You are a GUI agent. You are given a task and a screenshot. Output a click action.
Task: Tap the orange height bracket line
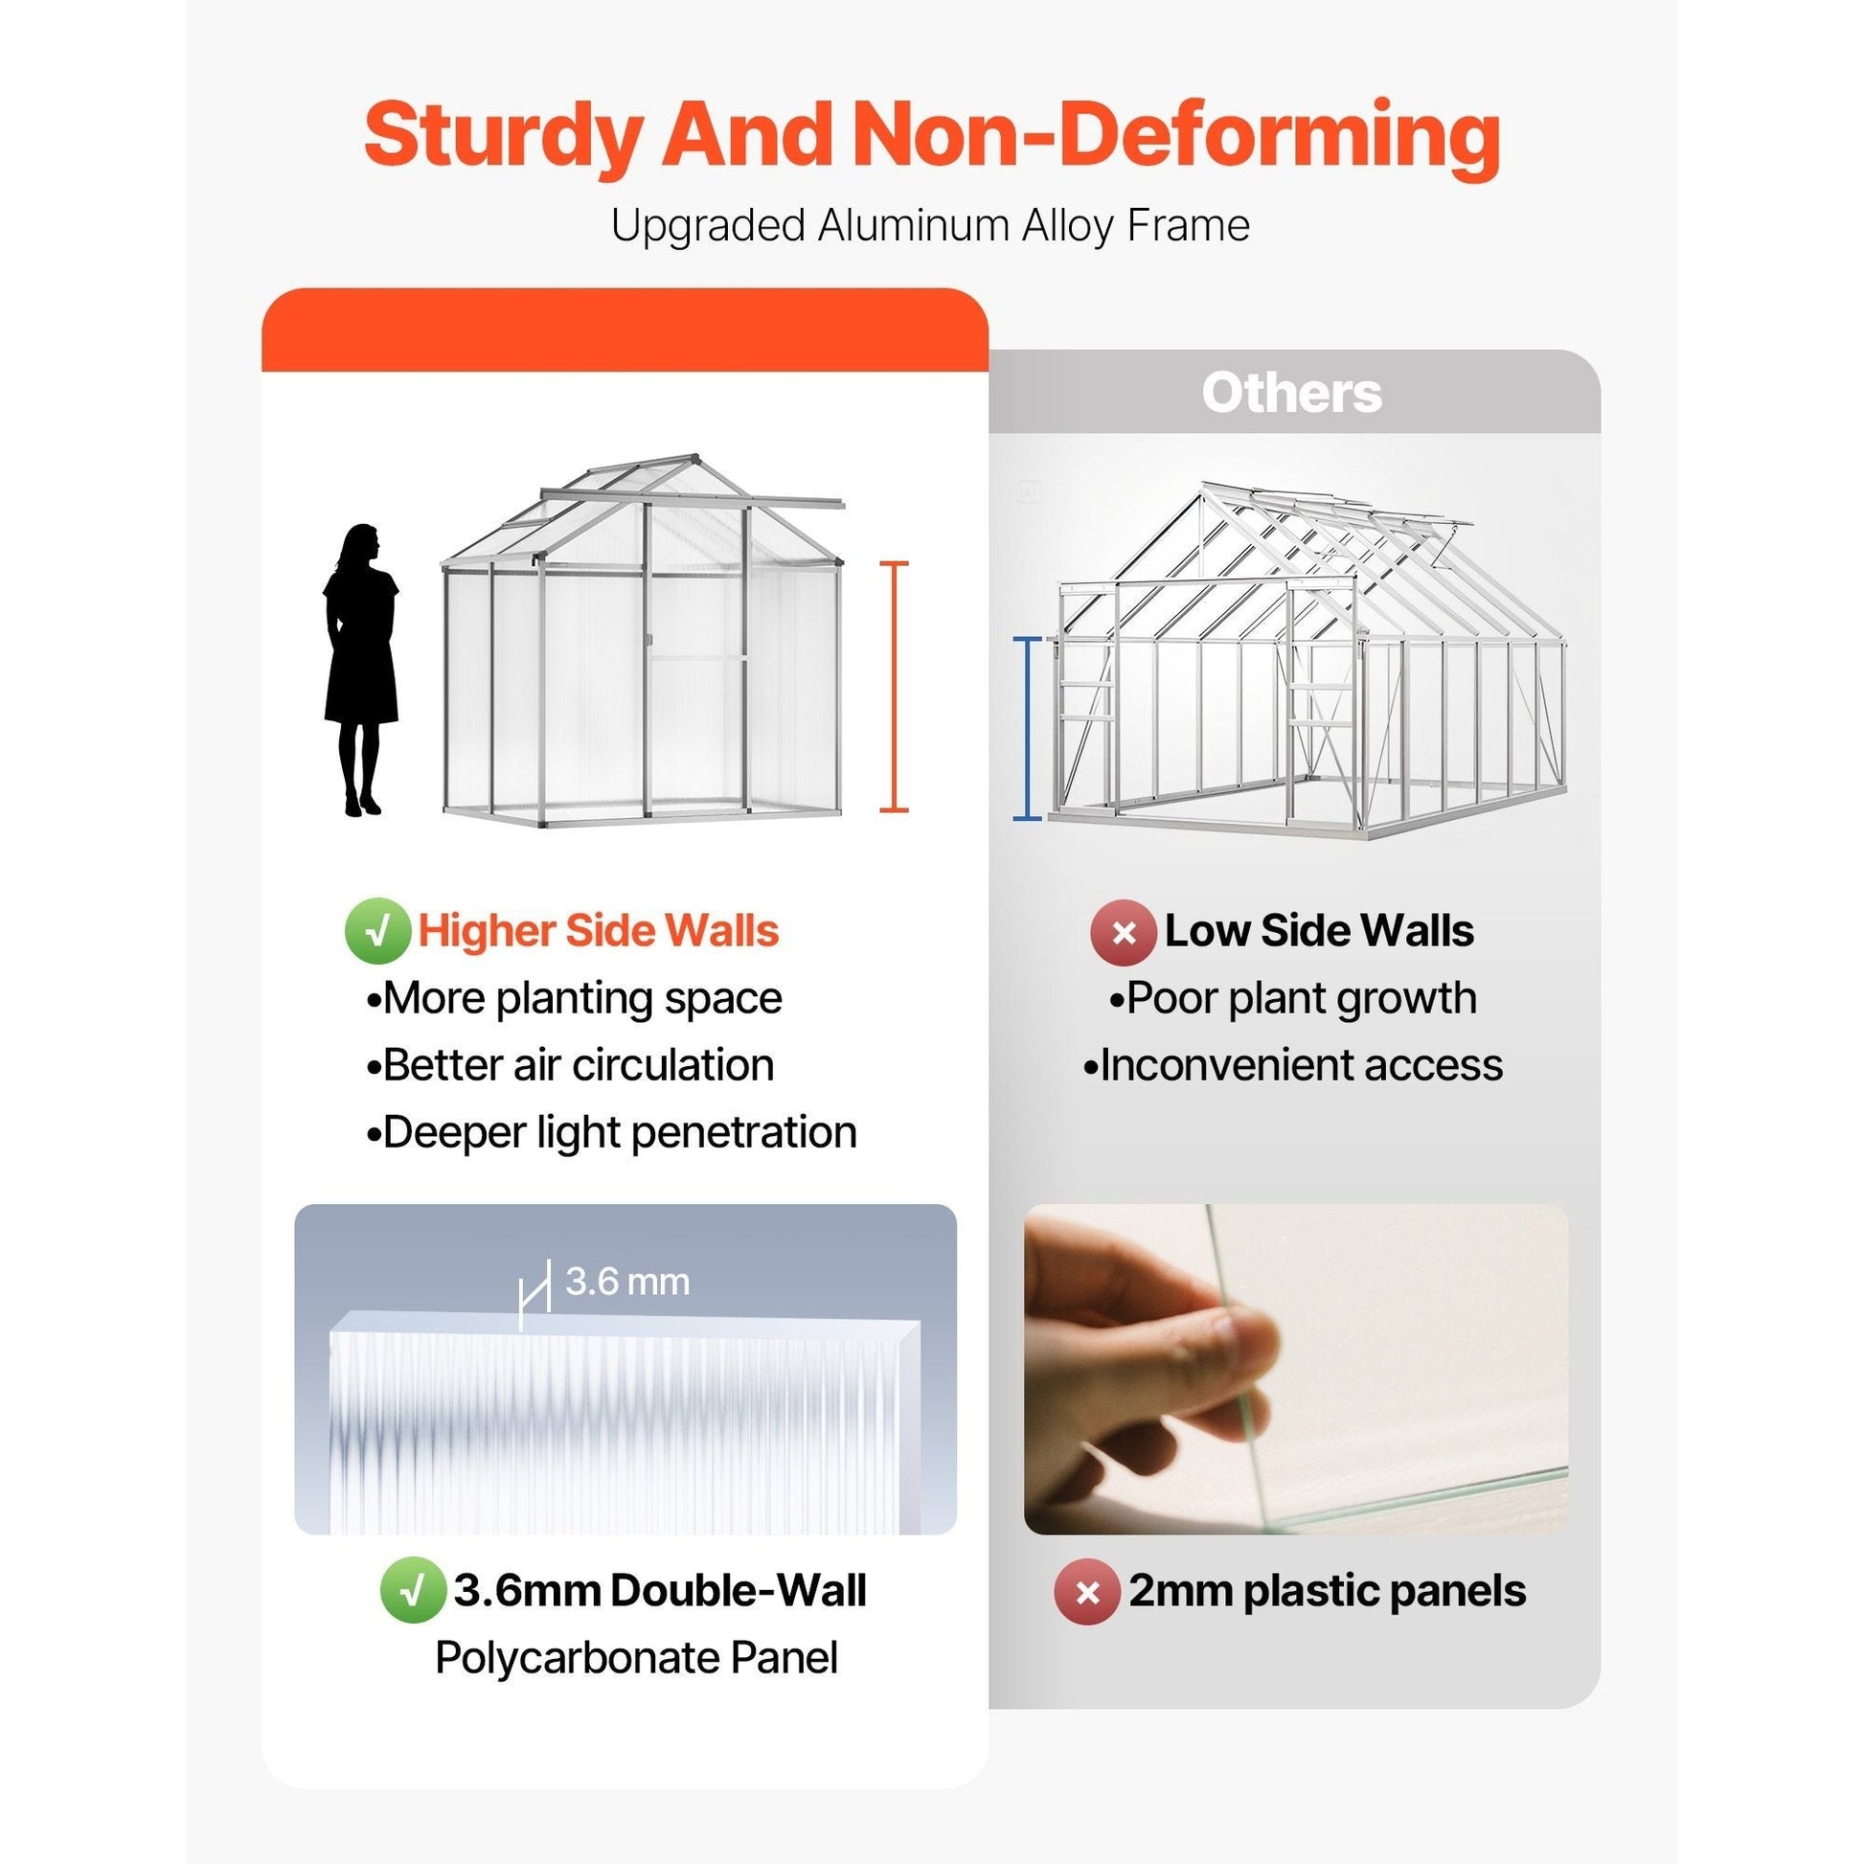tap(894, 686)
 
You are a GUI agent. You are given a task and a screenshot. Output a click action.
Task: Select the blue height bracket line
tap(1028, 728)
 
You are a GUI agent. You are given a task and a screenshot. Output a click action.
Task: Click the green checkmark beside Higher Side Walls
tap(378, 931)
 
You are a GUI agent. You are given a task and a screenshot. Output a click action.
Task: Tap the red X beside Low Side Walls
tap(1123, 932)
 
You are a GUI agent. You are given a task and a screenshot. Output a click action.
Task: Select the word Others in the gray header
tap(1292, 393)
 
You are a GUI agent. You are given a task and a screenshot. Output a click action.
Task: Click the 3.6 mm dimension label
tap(627, 1282)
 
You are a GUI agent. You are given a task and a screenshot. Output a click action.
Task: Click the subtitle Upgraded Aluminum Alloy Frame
tap(931, 226)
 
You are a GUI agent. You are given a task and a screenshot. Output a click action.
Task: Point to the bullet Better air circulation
tap(570, 1065)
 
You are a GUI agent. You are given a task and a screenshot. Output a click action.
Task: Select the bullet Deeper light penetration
tap(612, 1133)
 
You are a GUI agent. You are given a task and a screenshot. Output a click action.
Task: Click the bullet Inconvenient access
tap(1293, 1065)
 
